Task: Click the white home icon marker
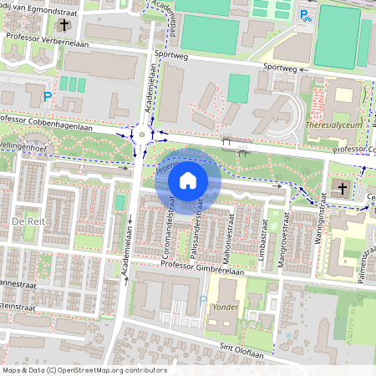pos(188,180)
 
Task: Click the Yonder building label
pos(226,307)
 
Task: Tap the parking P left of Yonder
pos(203,300)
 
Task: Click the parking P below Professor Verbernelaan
pos(48,97)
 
